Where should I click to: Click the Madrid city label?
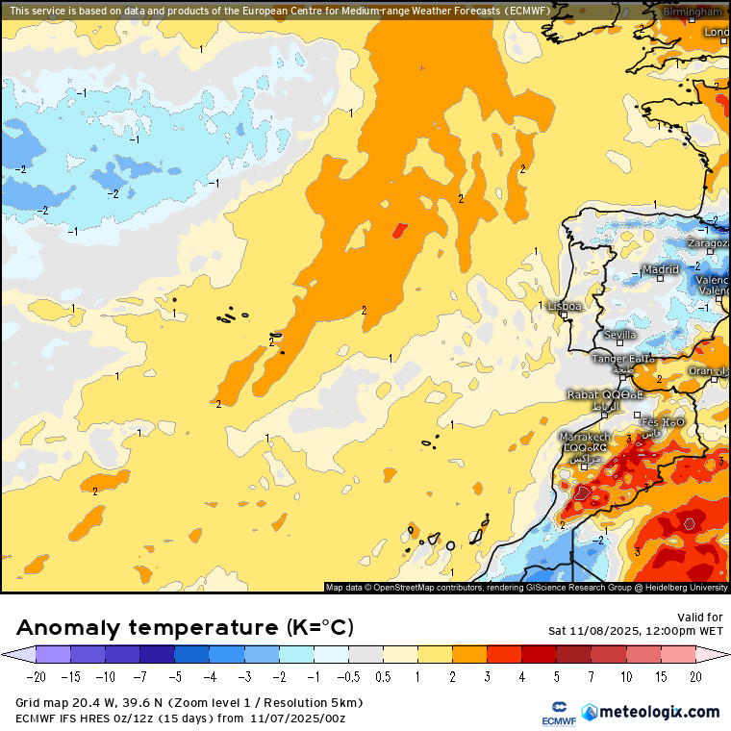point(661,270)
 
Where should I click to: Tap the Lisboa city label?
point(565,306)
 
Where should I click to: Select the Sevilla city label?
point(619,335)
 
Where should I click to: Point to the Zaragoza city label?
point(707,243)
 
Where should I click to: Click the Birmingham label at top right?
point(692,12)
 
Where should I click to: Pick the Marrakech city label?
point(584,437)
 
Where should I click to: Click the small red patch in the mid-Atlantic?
point(399,230)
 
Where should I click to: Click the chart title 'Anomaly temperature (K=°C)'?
point(186,628)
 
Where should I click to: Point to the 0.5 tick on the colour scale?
point(383,677)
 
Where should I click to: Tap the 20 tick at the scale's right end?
point(694,677)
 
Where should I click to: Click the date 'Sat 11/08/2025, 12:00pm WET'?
point(636,631)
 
